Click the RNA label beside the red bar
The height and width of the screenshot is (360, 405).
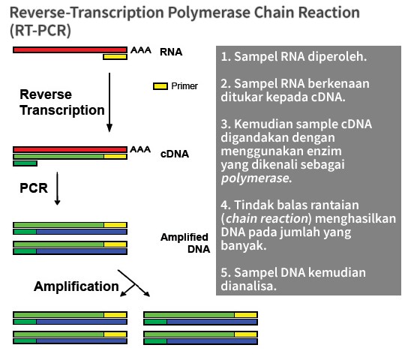(171, 52)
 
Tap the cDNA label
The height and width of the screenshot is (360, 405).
(175, 154)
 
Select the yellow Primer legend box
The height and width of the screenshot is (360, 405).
(160, 86)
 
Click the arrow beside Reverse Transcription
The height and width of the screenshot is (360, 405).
(109, 103)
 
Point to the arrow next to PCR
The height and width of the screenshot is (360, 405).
(57, 188)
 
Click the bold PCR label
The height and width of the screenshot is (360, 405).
(34, 188)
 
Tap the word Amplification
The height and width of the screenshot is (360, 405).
(76, 286)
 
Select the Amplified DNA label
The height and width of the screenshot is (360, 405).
(185, 243)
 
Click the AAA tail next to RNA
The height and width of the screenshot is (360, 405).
(141, 49)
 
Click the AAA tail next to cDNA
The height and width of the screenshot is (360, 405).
(140, 149)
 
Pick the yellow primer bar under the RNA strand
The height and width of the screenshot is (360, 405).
(115, 57)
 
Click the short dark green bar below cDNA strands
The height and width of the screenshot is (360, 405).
(25, 163)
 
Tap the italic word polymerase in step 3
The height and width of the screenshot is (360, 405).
(255, 178)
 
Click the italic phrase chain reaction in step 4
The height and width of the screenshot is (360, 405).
(267, 218)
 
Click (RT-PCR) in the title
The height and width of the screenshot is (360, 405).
(40, 31)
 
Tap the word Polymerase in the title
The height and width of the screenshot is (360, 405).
(209, 13)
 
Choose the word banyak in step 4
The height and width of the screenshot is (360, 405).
(244, 245)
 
